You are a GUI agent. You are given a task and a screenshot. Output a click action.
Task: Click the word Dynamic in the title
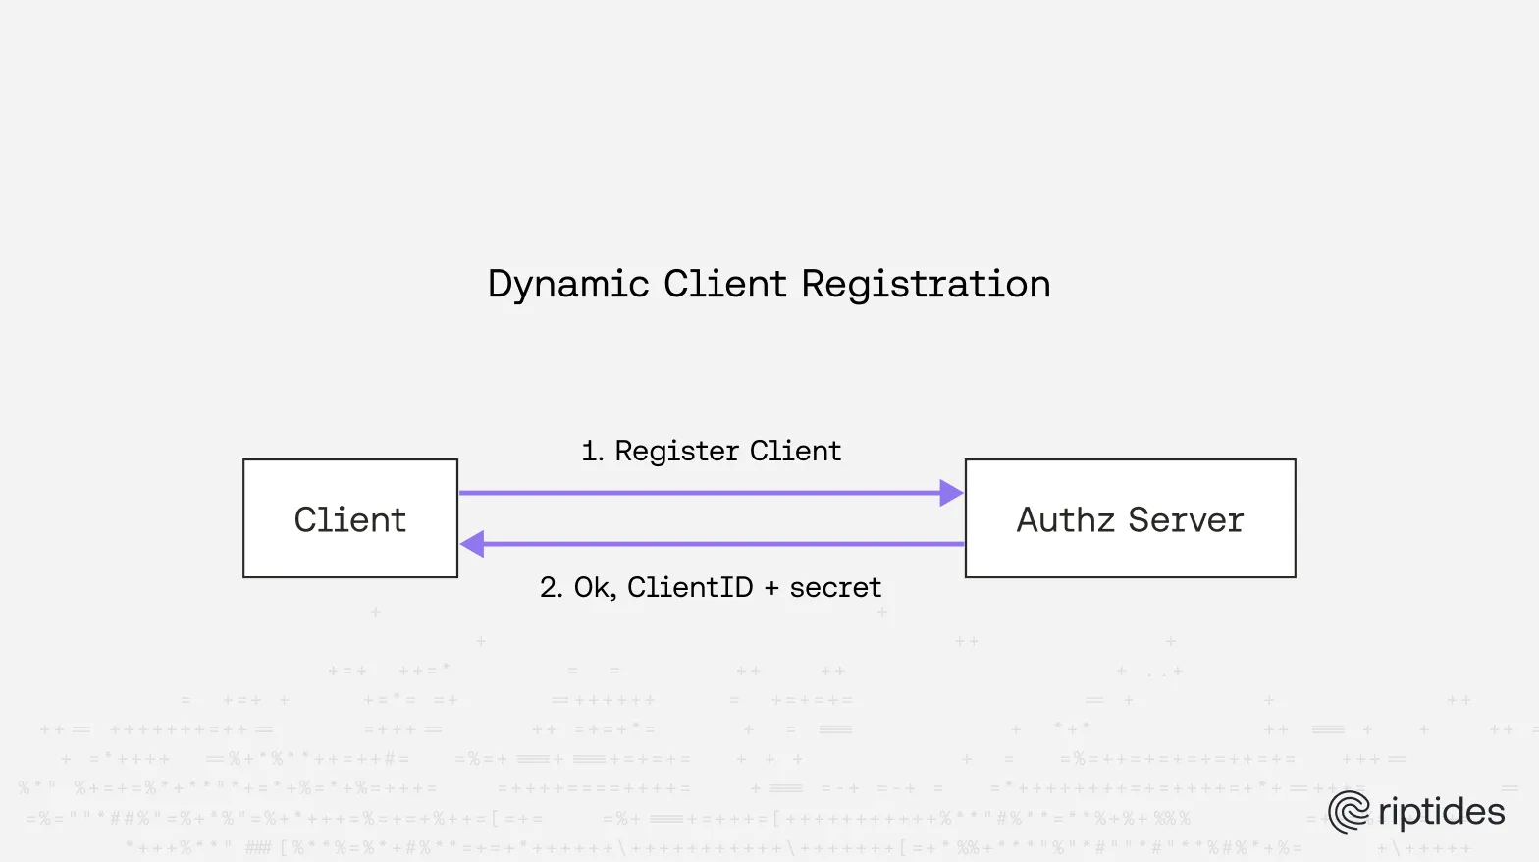point(568,285)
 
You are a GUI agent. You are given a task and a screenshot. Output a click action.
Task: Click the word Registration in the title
point(926,285)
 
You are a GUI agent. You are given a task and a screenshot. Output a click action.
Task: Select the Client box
point(350,518)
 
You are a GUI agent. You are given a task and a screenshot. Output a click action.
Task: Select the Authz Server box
point(1130,518)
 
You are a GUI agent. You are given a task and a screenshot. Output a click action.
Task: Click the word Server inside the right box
point(1186,519)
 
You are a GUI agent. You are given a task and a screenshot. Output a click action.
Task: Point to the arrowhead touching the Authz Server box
point(951,493)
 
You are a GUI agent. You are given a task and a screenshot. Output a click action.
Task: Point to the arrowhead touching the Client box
point(473,543)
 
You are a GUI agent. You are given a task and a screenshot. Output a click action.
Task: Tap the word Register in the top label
point(676,452)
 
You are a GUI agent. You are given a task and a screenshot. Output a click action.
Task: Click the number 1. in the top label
point(592,452)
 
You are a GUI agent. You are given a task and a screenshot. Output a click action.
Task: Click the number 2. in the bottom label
point(551,587)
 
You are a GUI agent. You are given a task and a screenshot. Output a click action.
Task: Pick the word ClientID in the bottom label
point(690,587)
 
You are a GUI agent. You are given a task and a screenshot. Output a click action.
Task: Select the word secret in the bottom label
point(835,587)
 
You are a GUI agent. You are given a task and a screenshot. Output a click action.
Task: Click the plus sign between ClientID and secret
point(770,588)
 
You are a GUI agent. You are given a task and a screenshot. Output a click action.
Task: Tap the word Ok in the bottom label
point(593,587)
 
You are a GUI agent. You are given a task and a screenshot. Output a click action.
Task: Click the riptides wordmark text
point(1441,812)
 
